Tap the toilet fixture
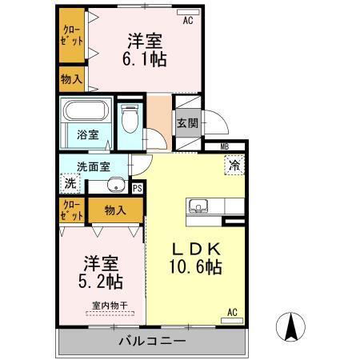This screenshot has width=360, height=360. pos(130,120)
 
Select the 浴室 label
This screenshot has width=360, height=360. pos(88,134)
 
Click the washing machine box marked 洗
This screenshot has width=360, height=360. pos(70,182)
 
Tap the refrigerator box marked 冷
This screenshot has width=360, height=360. pos(234,166)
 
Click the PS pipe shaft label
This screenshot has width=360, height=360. pos(138,189)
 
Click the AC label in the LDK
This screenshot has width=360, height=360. pos(232,311)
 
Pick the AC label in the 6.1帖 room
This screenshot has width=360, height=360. pos(189,22)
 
